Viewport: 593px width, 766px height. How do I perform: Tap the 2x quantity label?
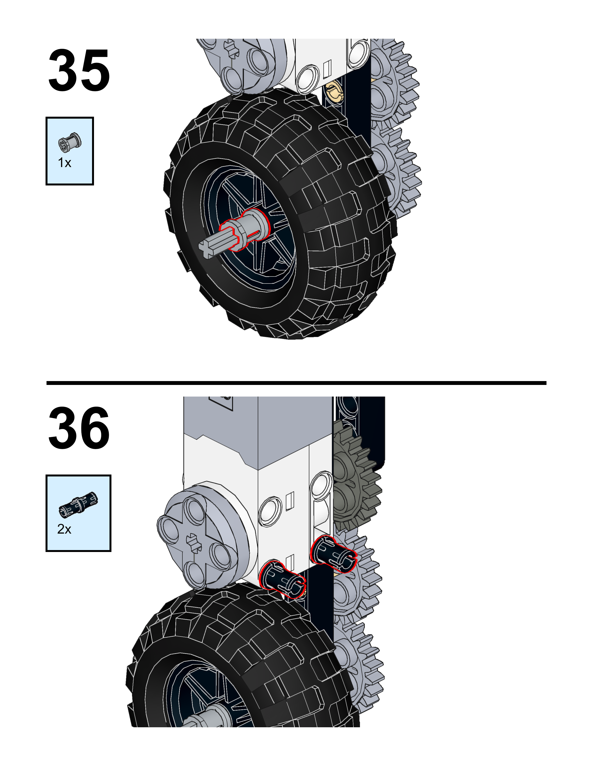[64, 529]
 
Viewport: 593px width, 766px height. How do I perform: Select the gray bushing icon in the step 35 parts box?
[70, 142]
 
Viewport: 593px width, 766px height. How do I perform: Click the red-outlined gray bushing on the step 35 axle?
[246, 228]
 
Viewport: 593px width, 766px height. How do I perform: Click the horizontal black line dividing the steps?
[296, 383]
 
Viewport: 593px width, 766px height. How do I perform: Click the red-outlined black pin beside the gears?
[333, 553]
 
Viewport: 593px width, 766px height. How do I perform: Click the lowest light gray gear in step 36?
[358, 663]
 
